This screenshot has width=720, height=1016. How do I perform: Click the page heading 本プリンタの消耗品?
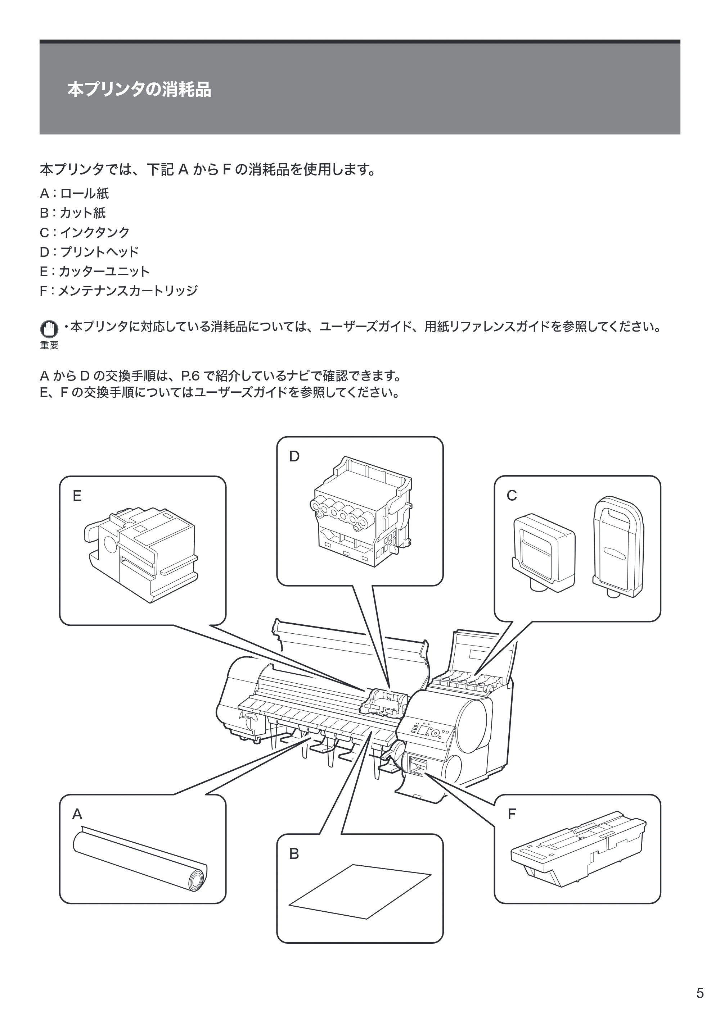pos(139,90)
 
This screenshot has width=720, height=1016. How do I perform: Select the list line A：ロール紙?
pos(75,193)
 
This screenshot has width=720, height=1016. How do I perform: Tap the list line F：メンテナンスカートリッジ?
pos(119,291)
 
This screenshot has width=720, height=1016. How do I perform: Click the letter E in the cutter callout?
pos(77,496)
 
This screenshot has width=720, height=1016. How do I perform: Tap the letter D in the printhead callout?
pos(294,456)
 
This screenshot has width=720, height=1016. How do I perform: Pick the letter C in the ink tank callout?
pos(512,496)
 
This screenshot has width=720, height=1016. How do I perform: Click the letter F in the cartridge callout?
pos(512,814)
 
